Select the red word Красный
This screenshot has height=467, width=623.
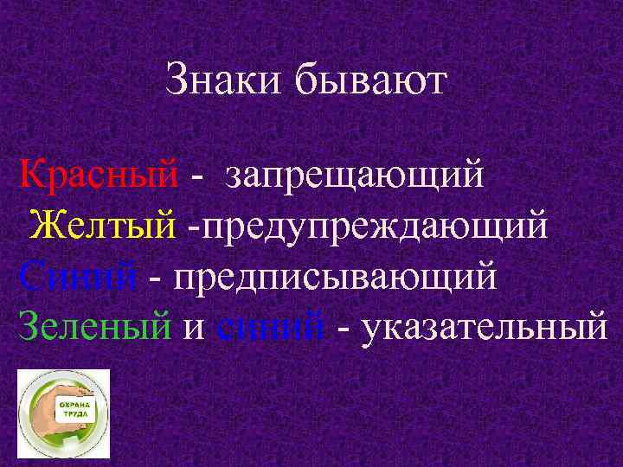coord(99,176)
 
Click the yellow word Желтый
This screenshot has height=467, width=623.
coord(102,227)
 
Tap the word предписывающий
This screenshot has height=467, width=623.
coord(336,279)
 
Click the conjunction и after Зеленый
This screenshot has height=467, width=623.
coord(195,329)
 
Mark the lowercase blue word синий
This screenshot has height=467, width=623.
coord(272,328)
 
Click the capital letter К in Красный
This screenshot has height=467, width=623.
coord(29,176)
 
